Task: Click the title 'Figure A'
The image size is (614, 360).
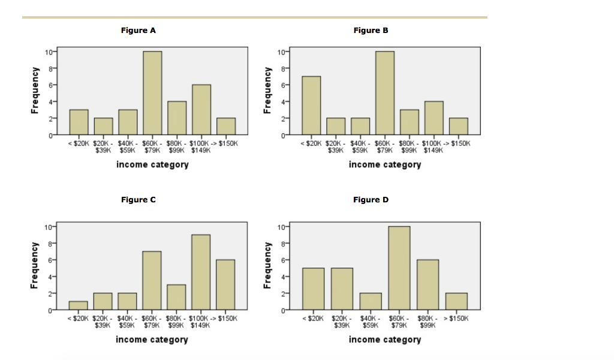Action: (x=138, y=31)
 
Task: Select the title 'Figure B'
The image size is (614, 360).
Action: (x=371, y=31)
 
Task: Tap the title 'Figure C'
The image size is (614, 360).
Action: (x=138, y=200)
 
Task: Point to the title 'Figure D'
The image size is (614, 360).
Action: (x=371, y=200)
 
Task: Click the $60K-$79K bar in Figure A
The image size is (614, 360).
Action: (x=152, y=93)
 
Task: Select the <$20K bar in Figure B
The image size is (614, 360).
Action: (x=311, y=106)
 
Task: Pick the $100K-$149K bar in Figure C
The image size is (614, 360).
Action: (x=201, y=272)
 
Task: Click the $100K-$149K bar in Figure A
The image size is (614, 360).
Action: (x=201, y=110)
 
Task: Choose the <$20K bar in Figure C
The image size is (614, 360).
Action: (x=78, y=305)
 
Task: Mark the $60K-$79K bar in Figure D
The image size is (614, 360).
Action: (x=399, y=268)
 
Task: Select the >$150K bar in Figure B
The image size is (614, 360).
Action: (x=458, y=127)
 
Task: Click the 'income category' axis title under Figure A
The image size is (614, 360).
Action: (x=152, y=165)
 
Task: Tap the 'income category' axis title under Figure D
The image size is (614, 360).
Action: (x=385, y=340)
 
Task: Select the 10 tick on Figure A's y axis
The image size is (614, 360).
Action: (x=47, y=52)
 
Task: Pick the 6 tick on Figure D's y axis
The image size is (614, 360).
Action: (x=281, y=260)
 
